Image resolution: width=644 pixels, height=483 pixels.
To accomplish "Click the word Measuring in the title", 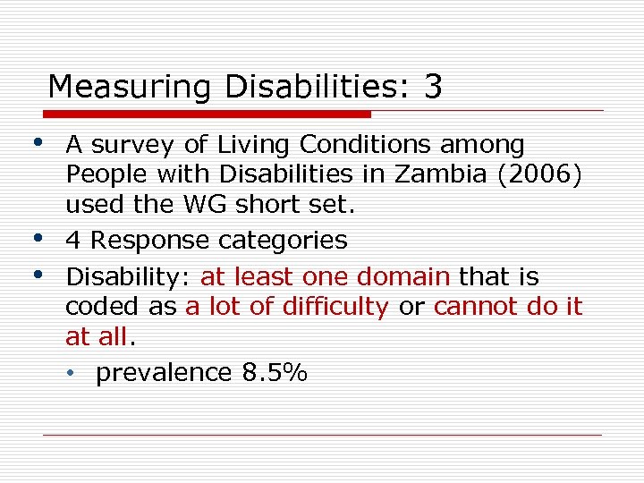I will (129, 88).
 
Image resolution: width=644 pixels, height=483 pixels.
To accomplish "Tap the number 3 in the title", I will (433, 87).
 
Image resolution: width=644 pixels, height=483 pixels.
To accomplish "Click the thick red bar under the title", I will (208, 114).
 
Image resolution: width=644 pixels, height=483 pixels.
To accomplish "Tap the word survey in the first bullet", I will (133, 145).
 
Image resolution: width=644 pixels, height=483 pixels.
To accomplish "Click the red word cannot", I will (475, 307).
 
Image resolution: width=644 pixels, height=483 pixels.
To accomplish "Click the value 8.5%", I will (275, 372).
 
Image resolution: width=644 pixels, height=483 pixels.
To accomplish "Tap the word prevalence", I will (164, 373).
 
